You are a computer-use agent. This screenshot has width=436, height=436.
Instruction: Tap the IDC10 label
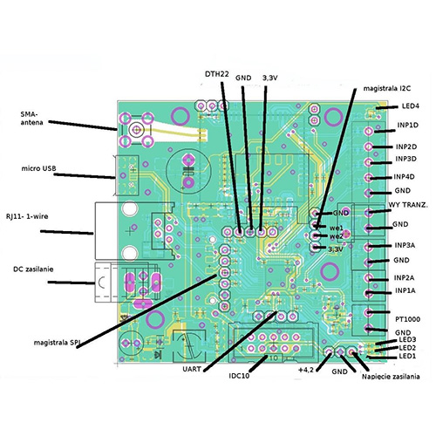point(241,376)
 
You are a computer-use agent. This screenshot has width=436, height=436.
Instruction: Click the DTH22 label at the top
point(217,74)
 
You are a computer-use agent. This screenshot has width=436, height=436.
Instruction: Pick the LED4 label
point(409,106)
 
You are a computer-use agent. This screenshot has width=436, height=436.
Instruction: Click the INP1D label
point(407,126)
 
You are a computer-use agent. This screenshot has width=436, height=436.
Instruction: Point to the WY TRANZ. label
point(406,208)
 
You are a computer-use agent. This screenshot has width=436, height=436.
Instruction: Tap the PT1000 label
point(408,319)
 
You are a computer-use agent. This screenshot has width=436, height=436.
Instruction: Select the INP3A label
point(405,245)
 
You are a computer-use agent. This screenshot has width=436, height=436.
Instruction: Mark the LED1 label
point(408,356)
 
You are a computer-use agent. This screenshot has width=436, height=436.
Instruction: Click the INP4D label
point(405,177)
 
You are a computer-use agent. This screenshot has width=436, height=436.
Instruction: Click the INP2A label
point(405,278)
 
